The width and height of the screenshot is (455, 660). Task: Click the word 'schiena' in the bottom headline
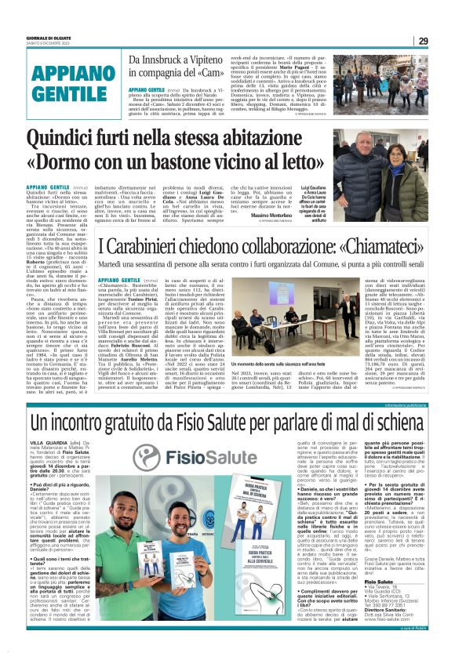click(x=385, y=423)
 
